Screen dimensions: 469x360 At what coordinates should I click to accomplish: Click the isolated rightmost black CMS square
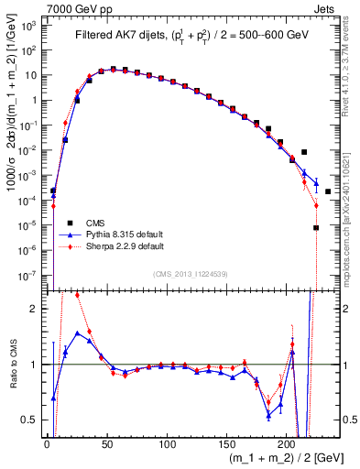point(328,191)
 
